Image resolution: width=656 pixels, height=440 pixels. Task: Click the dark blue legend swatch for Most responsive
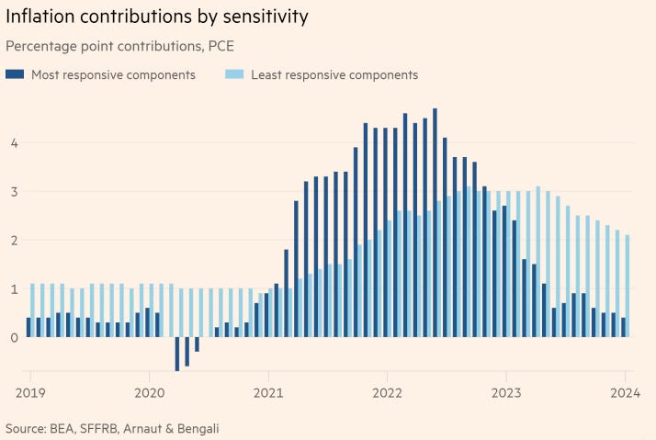(x=15, y=75)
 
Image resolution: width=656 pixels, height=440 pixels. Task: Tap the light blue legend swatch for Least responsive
(x=232, y=75)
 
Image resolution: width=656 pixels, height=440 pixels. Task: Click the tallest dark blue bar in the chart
(x=435, y=220)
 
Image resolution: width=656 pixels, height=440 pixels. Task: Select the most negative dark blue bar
(x=176, y=355)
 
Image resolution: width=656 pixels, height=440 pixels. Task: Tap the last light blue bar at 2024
(x=628, y=286)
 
